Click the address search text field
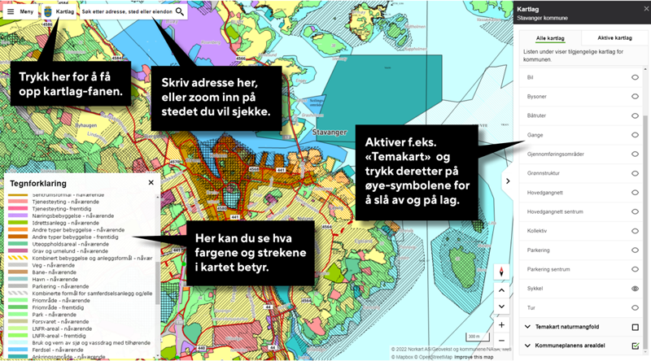[x=126, y=12]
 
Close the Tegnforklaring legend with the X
[x=151, y=183]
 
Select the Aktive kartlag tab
[x=615, y=38]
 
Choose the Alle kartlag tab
[x=552, y=38]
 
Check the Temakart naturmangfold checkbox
[x=636, y=327]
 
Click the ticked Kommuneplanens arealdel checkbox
[x=636, y=346]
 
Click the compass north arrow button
[x=502, y=272]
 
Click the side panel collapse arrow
[x=508, y=180]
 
